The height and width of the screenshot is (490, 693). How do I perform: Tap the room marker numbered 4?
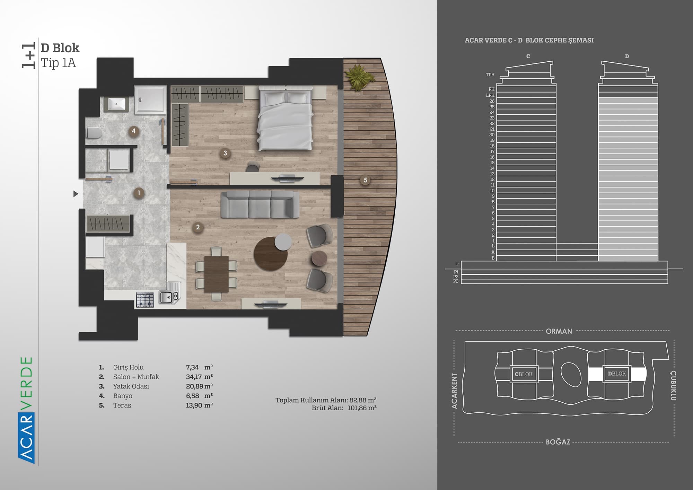coord(134,131)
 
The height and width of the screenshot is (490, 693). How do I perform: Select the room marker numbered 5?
coord(365,180)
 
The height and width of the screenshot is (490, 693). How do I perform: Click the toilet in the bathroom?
coord(94,133)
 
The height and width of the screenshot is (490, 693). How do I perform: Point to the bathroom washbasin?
coord(116,104)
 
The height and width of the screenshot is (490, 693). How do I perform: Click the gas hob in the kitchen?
coord(145,300)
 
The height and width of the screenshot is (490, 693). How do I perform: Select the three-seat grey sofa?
coord(260,205)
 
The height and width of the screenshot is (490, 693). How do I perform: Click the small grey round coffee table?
coord(283,242)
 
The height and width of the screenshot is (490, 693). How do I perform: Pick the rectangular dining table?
coord(217,274)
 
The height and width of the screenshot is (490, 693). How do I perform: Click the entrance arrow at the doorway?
coord(76,194)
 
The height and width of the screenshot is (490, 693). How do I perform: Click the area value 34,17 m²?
coord(199,377)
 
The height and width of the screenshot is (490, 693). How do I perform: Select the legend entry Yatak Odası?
coord(131,386)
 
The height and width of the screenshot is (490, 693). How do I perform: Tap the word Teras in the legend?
coord(122,405)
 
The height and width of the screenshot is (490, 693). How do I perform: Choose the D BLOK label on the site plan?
coord(617,374)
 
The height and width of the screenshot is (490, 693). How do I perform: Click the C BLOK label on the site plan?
coord(524,374)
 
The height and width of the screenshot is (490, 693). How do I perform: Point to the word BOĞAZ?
coord(558,442)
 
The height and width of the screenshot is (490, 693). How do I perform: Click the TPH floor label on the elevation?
coord(490,75)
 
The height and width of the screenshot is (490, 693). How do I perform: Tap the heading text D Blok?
coord(60,48)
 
